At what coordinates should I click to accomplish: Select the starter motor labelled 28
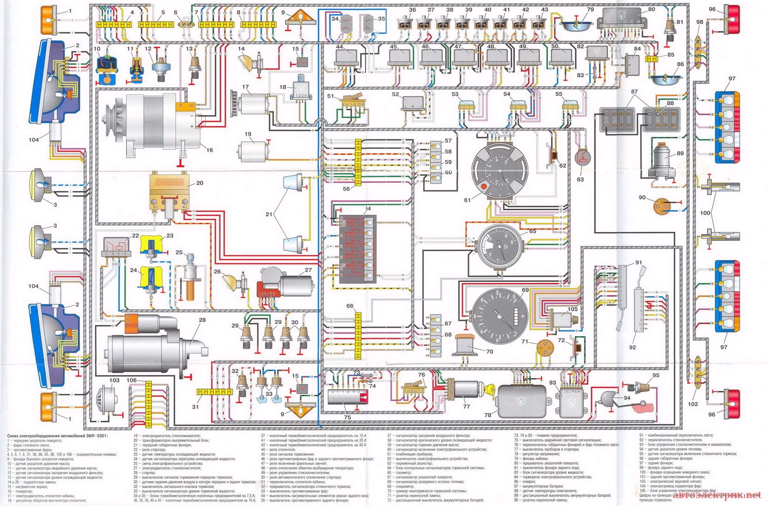(x=148, y=346)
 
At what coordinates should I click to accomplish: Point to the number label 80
(x=651, y=9)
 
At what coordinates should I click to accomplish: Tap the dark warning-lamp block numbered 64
(x=358, y=249)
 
